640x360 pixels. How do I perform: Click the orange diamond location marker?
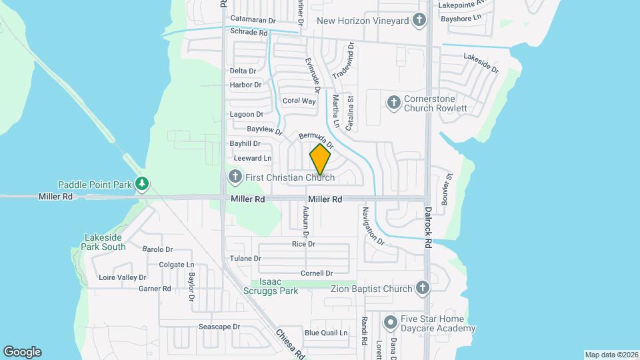(x=320, y=160)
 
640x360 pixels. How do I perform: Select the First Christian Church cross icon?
(x=234, y=177)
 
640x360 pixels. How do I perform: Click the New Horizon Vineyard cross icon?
(x=419, y=21)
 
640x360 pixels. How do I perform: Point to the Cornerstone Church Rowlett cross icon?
(x=393, y=103)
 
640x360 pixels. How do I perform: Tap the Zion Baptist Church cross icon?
(x=422, y=289)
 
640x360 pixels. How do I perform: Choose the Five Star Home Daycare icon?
(x=391, y=323)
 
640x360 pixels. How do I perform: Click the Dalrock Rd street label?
(x=429, y=227)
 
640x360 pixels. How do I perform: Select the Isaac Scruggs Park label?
(x=279, y=287)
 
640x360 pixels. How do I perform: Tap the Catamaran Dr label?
(x=253, y=19)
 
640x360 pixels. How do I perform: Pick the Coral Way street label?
(x=299, y=101)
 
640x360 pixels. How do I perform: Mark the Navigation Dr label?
(x=373, y=226)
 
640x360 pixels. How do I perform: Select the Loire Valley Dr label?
(x=122, y=277)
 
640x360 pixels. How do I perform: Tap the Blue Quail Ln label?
(x=326, y=333)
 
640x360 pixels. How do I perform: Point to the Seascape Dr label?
(x=219, y=327)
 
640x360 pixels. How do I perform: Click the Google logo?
(x=22, y=352)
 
